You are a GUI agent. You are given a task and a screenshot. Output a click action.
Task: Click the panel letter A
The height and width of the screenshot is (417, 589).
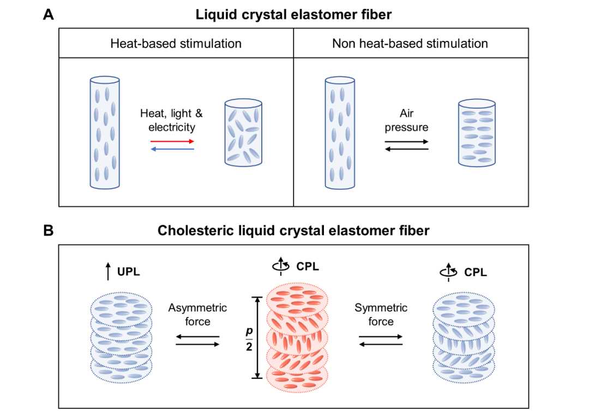49,15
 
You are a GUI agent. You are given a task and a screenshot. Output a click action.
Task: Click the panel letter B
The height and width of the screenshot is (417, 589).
49,230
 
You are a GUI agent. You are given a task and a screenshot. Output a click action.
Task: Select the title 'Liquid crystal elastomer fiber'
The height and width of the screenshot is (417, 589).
293,15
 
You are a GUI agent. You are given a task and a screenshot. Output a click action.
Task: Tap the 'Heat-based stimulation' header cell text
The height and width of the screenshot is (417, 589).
176,43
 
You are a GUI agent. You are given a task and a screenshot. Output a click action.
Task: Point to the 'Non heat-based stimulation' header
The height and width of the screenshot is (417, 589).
410,43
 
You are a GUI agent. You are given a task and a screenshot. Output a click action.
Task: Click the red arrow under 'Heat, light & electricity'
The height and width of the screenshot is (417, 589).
172,141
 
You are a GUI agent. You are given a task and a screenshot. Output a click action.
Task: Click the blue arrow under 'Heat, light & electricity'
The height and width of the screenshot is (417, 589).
172,148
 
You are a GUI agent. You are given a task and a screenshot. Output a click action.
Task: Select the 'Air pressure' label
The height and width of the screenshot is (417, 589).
406,121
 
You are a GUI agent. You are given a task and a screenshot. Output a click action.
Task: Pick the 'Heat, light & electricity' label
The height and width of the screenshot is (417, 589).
171,120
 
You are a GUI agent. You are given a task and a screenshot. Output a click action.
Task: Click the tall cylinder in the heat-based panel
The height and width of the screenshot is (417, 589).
104,133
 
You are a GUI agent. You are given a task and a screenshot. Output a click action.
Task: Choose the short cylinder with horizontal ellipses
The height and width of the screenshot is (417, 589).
477,133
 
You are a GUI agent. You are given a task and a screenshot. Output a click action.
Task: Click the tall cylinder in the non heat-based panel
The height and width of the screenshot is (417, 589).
340,133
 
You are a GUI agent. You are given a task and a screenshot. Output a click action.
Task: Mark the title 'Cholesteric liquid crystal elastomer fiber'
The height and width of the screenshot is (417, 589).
293,230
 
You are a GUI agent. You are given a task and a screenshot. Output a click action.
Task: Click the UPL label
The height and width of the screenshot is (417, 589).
128,271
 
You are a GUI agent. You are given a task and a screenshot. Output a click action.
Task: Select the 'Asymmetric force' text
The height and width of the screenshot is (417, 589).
197,314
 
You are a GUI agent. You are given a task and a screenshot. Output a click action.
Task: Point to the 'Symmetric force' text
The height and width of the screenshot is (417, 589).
381,314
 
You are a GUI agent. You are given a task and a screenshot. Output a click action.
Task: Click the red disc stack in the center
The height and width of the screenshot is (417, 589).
297,337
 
